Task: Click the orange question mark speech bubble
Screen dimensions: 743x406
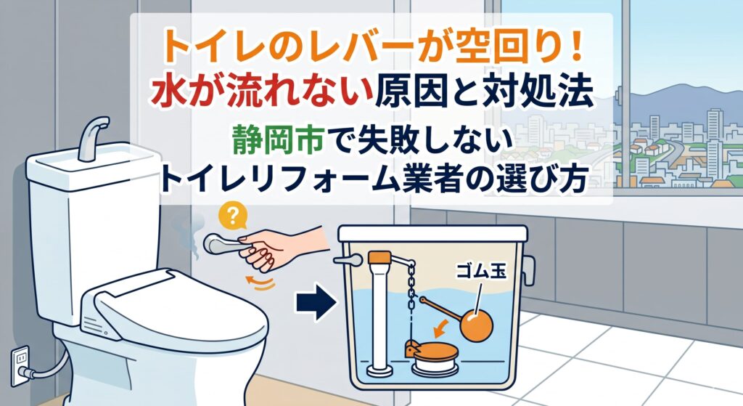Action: click(x=233, y=217)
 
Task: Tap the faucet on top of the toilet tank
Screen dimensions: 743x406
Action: click(x=92, y=137)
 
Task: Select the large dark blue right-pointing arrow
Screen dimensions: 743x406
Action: click(x=316, y=301)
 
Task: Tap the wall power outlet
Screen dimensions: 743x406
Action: click(x=20, y=365)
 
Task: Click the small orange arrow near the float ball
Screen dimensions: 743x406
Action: click(x=441, y=325)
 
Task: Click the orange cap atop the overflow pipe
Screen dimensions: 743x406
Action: click(x=379, y=258)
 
